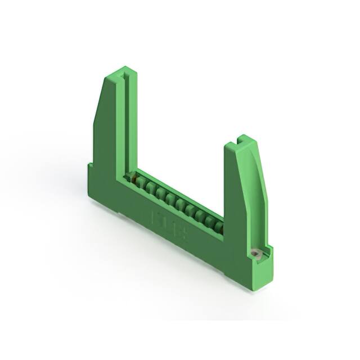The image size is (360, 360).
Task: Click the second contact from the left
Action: coord(143,184)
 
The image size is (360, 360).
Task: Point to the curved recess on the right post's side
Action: coord(256,169)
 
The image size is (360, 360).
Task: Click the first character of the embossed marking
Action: coord(155,216)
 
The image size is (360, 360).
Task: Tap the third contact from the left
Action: coord(152,189)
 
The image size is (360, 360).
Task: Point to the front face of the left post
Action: coord(107,135)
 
